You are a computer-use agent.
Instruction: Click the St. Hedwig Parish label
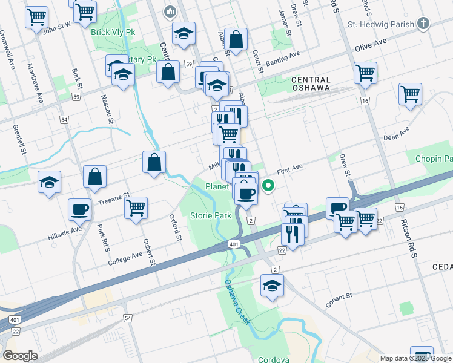pyautogui.click(x=380, y=24)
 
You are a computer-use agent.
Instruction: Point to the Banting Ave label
pyautogui.click(x=282, y=57)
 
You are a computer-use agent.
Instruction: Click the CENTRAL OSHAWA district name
pyautogui.click(x=311, y=83)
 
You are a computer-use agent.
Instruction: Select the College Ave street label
pyautogui.click(x=125, y=259)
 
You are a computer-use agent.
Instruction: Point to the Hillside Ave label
pyautogui.click(x=64, y=231)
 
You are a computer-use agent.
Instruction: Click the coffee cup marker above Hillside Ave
pyautogui.click(x=79, y=209)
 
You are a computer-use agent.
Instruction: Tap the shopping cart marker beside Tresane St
pyautogui.click(x=136, y=208)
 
